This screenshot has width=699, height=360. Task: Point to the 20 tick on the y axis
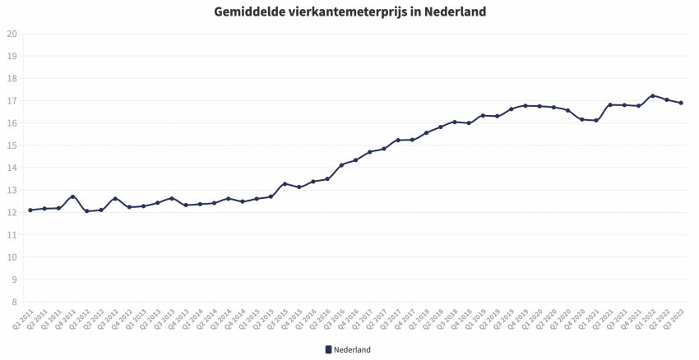[12, 34]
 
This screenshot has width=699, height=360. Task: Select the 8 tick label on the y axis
[14, 302]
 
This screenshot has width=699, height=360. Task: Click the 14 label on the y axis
[12, 168]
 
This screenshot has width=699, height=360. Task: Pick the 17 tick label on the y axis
[12, 101]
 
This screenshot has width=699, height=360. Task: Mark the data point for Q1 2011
[30, 210]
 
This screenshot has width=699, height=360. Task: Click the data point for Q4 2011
[72, 196]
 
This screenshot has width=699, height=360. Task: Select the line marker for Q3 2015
[285, 184]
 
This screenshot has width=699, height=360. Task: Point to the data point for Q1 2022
[652, 95]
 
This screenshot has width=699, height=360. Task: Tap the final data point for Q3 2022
[681, 103]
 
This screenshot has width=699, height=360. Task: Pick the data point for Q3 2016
[341, 165]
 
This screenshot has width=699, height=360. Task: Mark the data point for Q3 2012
[115, 198]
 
